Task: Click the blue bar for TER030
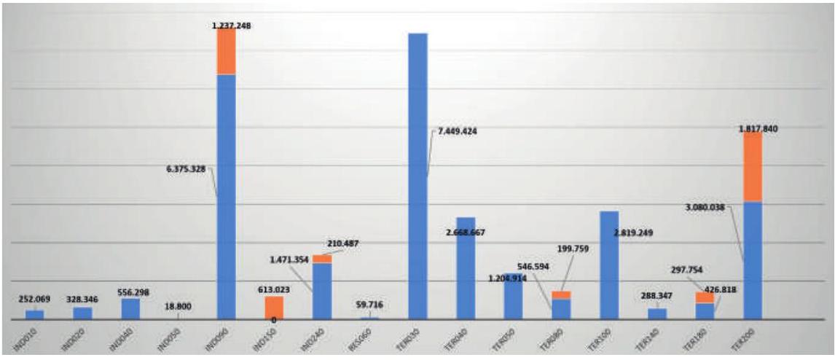click(417, 175)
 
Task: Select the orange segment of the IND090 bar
click(226, 52)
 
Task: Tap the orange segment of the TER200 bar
click(752, 167)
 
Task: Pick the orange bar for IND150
click(274, 308)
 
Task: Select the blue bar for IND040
click(130, 308)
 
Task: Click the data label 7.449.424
click(457, 132)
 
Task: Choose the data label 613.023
click(274, 289)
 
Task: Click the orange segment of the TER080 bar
click(561, 295)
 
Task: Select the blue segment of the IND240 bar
click(322, 290)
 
